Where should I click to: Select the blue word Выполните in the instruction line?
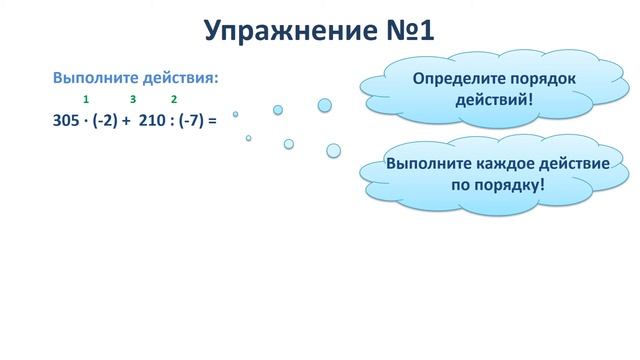[x=92, y=77]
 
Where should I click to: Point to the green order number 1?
[x=87, y=99]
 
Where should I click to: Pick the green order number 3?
[x=133, y=99]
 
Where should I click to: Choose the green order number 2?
[x=174, y=99]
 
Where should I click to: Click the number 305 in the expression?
[x=67, y=120]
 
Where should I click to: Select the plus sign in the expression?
[x=126, y=120]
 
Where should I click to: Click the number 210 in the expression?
[x=151, y=120]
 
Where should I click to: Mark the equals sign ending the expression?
[x=212, y=120]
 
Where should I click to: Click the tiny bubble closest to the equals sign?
[x=236, y=114]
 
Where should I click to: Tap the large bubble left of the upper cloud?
[x=324, y=105]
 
